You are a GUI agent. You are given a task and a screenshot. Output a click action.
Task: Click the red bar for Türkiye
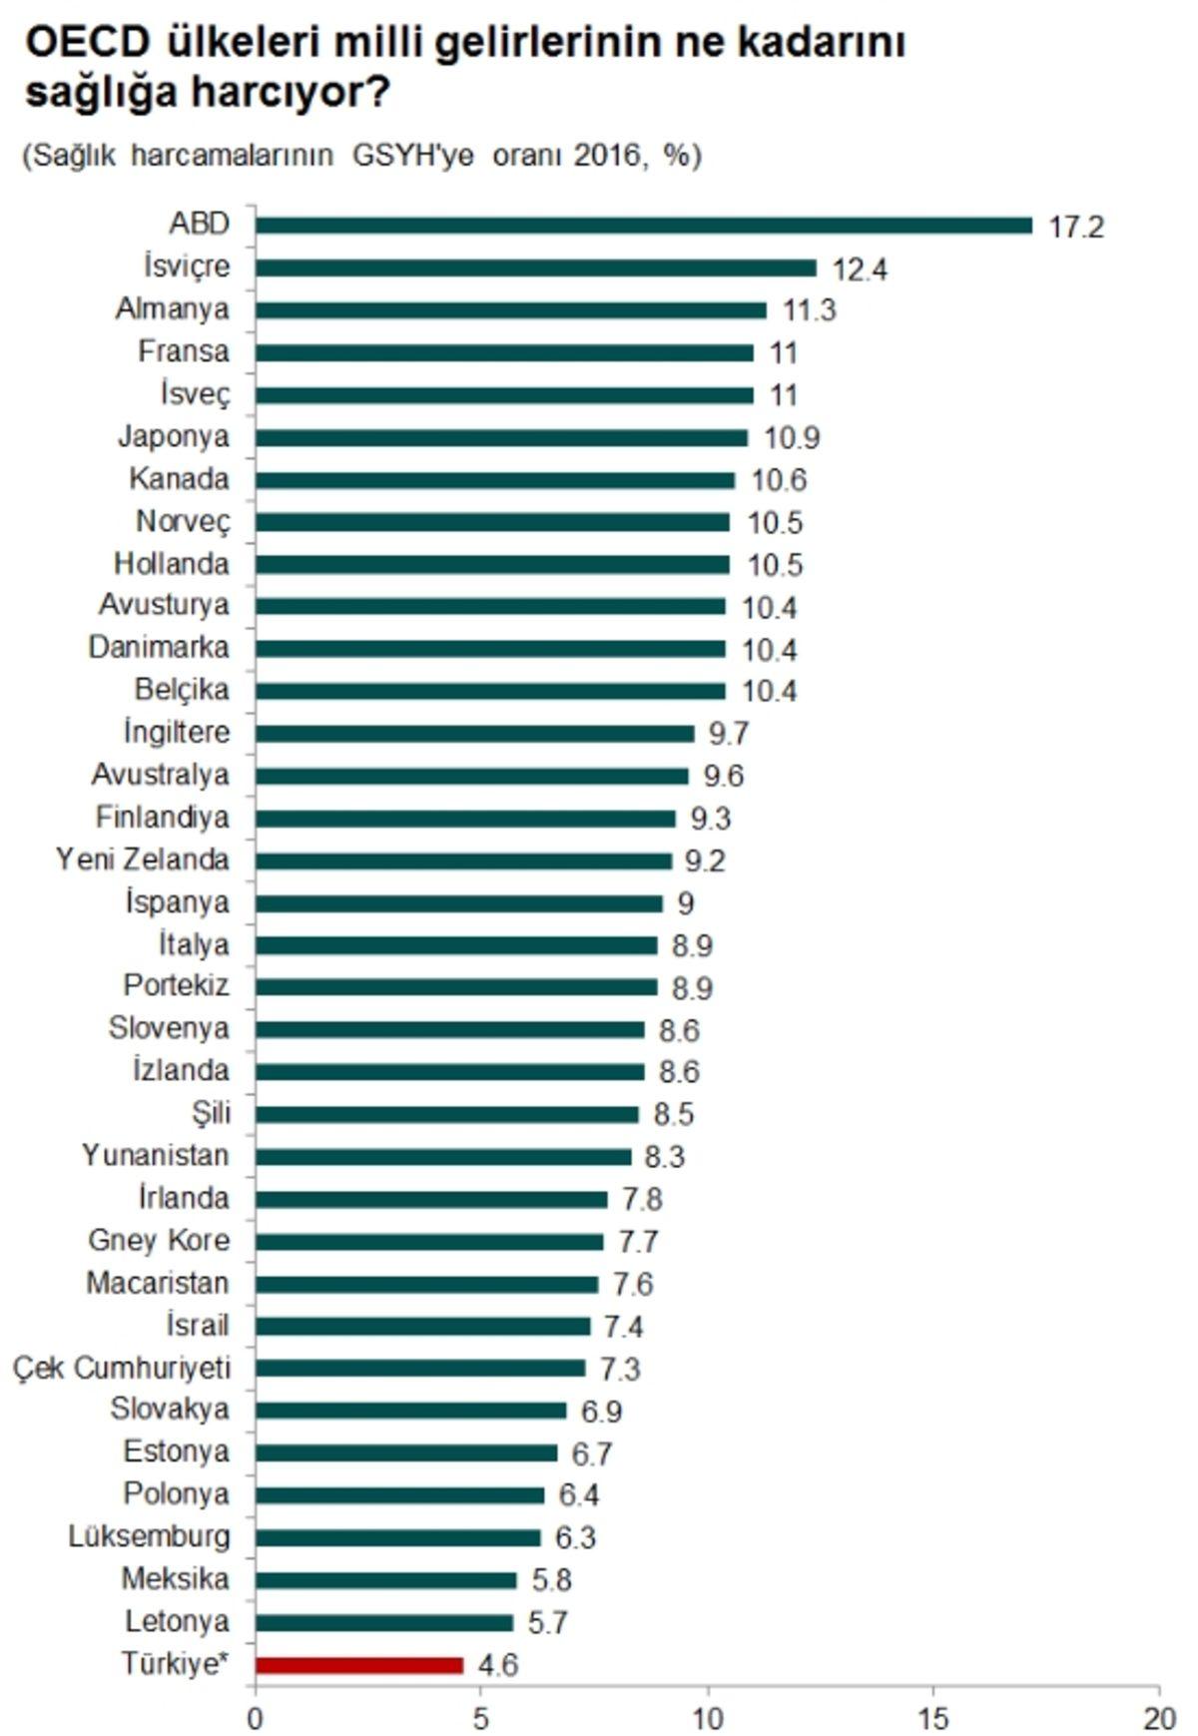click(359, 1665)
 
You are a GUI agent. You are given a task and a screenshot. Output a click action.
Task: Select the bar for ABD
click(644, 226)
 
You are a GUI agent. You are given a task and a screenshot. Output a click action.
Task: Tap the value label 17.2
click(1076, 227)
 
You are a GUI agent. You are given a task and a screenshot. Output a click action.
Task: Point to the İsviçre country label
click(187, 267)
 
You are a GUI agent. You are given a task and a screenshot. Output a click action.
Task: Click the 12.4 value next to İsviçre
click(860, 270)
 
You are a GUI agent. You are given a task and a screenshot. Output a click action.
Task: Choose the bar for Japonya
click(501, 437)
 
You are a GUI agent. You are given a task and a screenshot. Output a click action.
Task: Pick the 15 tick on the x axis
click(933, 1718)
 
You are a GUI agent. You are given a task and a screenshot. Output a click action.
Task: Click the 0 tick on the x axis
click(256, 1718)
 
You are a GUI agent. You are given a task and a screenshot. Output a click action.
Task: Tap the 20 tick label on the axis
click(1159, 1718)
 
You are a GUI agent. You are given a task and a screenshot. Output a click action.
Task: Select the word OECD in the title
click(88, 43)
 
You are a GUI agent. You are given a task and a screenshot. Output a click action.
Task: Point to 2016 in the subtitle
click(606, 156)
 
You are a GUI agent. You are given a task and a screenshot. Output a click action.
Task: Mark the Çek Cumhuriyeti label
click(122, 1368)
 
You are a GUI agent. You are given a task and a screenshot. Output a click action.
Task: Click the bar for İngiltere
click(474, 734)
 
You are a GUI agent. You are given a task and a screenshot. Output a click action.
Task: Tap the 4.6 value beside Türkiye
click(497, 1665)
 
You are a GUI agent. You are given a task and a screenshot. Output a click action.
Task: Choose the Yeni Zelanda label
click(143, 860)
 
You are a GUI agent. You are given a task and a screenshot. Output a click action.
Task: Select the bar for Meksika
click(386, 1580)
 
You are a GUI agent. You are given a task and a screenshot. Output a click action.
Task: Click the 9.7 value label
click(728, 734)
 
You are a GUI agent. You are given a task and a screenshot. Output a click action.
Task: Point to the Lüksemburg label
click(149, 1536)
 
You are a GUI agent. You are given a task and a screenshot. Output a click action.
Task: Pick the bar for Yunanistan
click(443, 1157)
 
